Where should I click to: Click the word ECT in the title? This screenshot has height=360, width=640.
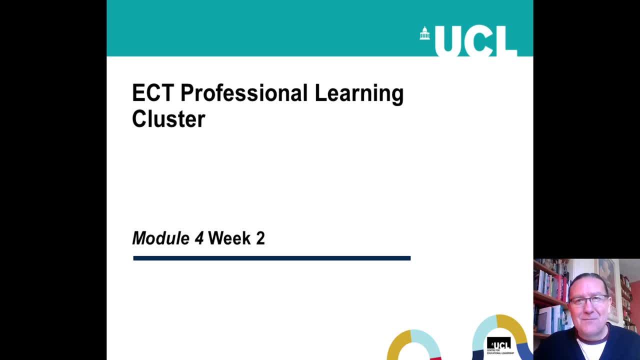coord(152,93)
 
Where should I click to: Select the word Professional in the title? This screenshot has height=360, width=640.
coord(243,93)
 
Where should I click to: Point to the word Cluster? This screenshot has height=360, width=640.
coord(168,119)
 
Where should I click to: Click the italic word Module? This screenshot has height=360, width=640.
coord(160,238)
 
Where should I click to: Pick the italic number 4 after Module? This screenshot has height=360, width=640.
coord(199,238)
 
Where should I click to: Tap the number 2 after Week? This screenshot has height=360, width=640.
coord(260,238)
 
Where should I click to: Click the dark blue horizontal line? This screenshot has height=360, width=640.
coord(271,258)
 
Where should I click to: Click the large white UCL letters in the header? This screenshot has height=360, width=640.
coord(475,40)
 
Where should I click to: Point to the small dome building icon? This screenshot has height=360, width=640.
coord(425,33)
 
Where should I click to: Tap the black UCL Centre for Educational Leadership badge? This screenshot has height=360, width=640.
coord(499,345)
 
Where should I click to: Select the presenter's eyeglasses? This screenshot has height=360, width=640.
coord(589,300)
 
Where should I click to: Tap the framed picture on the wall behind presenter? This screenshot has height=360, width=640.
coord(608,285)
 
